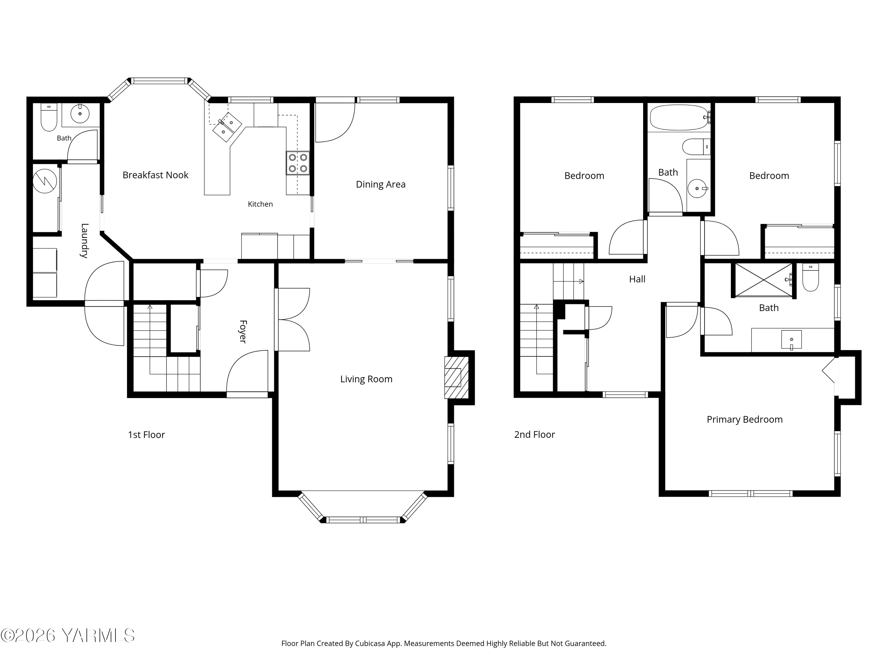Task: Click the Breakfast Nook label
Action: point(155,175)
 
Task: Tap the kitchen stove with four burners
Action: point(298,163)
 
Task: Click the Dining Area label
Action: point(381,184)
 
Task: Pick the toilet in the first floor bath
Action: point(49,117)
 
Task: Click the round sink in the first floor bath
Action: point(80,114)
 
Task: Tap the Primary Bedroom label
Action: point(745,419)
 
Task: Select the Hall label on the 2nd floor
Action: point(637,279)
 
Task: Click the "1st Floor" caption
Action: point(147,435)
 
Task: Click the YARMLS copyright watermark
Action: point(67,636)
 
